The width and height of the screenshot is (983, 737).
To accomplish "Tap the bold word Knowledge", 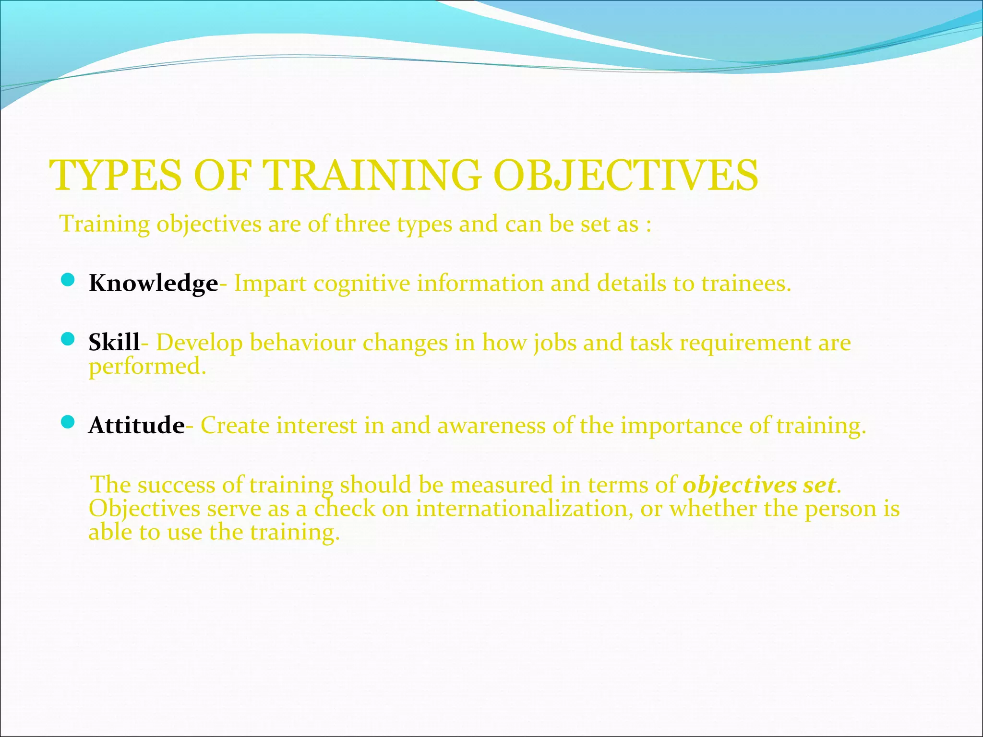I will pyautogui.click(x=154, y=283).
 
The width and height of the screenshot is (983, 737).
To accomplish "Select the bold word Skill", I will pyautogui.click(x=114, y=343).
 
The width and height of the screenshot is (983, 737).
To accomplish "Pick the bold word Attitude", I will pyautogui.click(x=137, y=425).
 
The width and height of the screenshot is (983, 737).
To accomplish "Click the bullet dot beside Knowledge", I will pyautogui.click(x=68, y=280).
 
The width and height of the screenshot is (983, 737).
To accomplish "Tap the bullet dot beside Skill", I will pyautogui.click(x=68, y=339).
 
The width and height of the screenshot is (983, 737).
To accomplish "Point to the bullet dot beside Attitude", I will pyautogui.click(x=68, y=422).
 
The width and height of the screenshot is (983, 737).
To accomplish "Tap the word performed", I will pyautogui.click(x=147, y=367).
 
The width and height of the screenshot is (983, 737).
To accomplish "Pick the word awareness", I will pyautogui.click(x=491, y=426).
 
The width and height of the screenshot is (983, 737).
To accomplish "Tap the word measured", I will pyautogui.click(x=502, y=485).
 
